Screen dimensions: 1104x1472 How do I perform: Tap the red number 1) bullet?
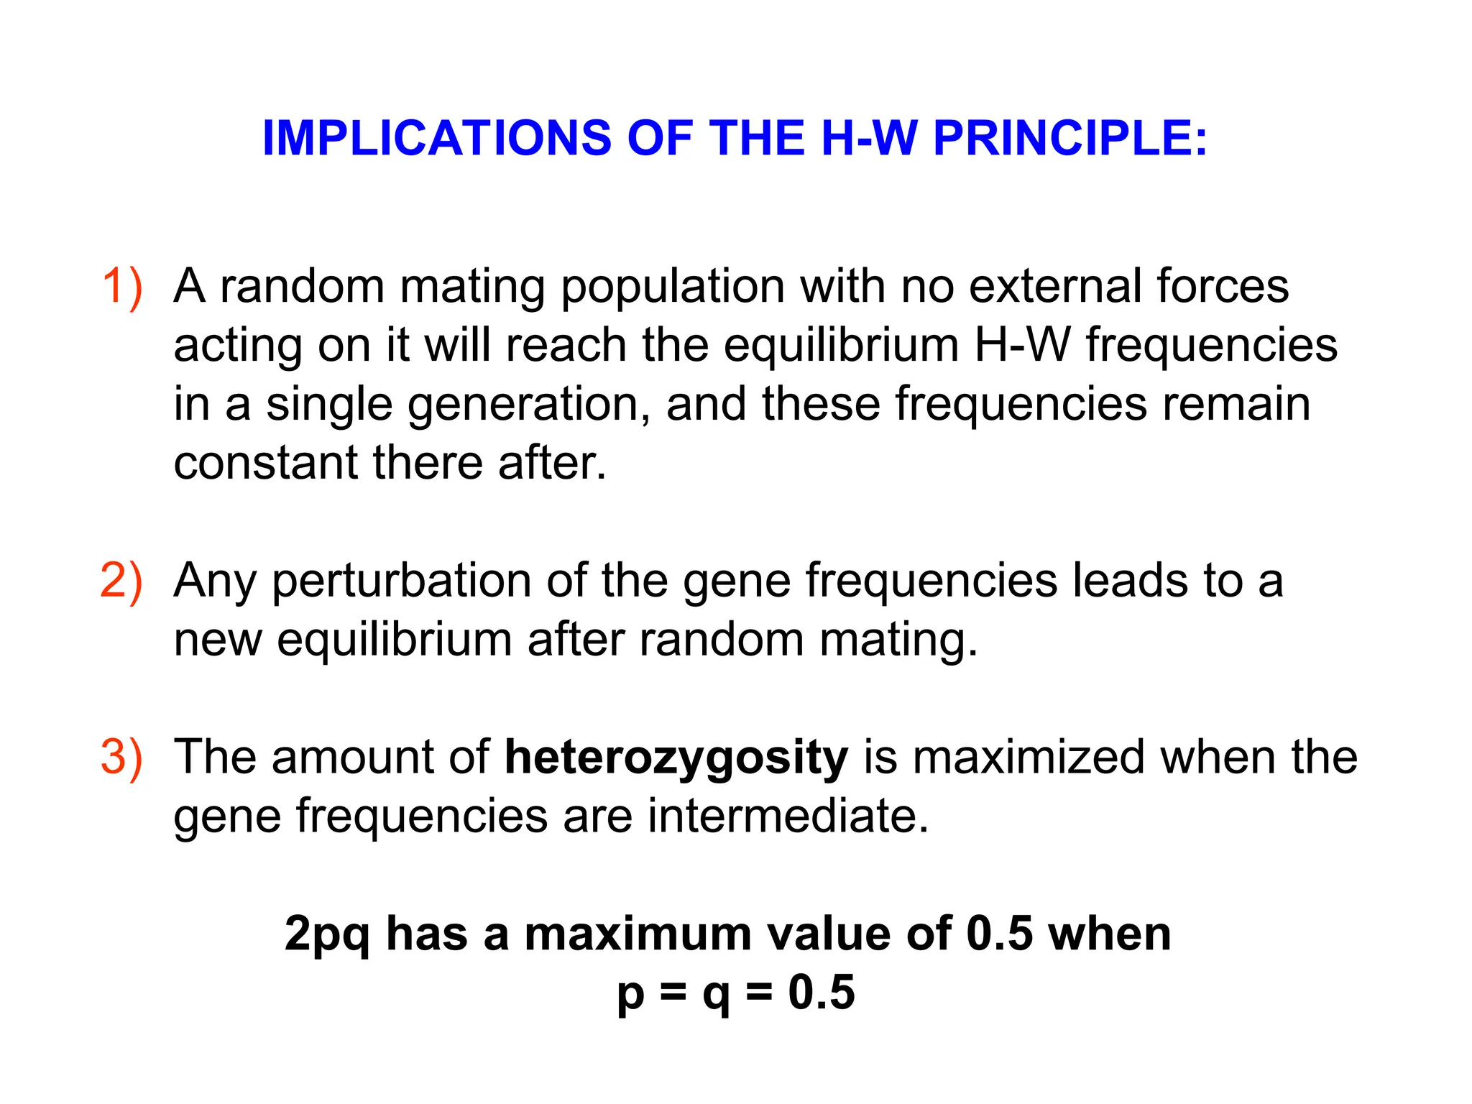121,287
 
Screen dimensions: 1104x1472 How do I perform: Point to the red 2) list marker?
121,581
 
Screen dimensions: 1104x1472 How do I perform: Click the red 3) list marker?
121,758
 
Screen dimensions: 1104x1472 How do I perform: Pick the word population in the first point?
672,287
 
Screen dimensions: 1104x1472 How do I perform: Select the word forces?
1223,287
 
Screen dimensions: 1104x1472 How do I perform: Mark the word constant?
265,463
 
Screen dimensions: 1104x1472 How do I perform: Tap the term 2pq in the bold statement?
327,935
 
